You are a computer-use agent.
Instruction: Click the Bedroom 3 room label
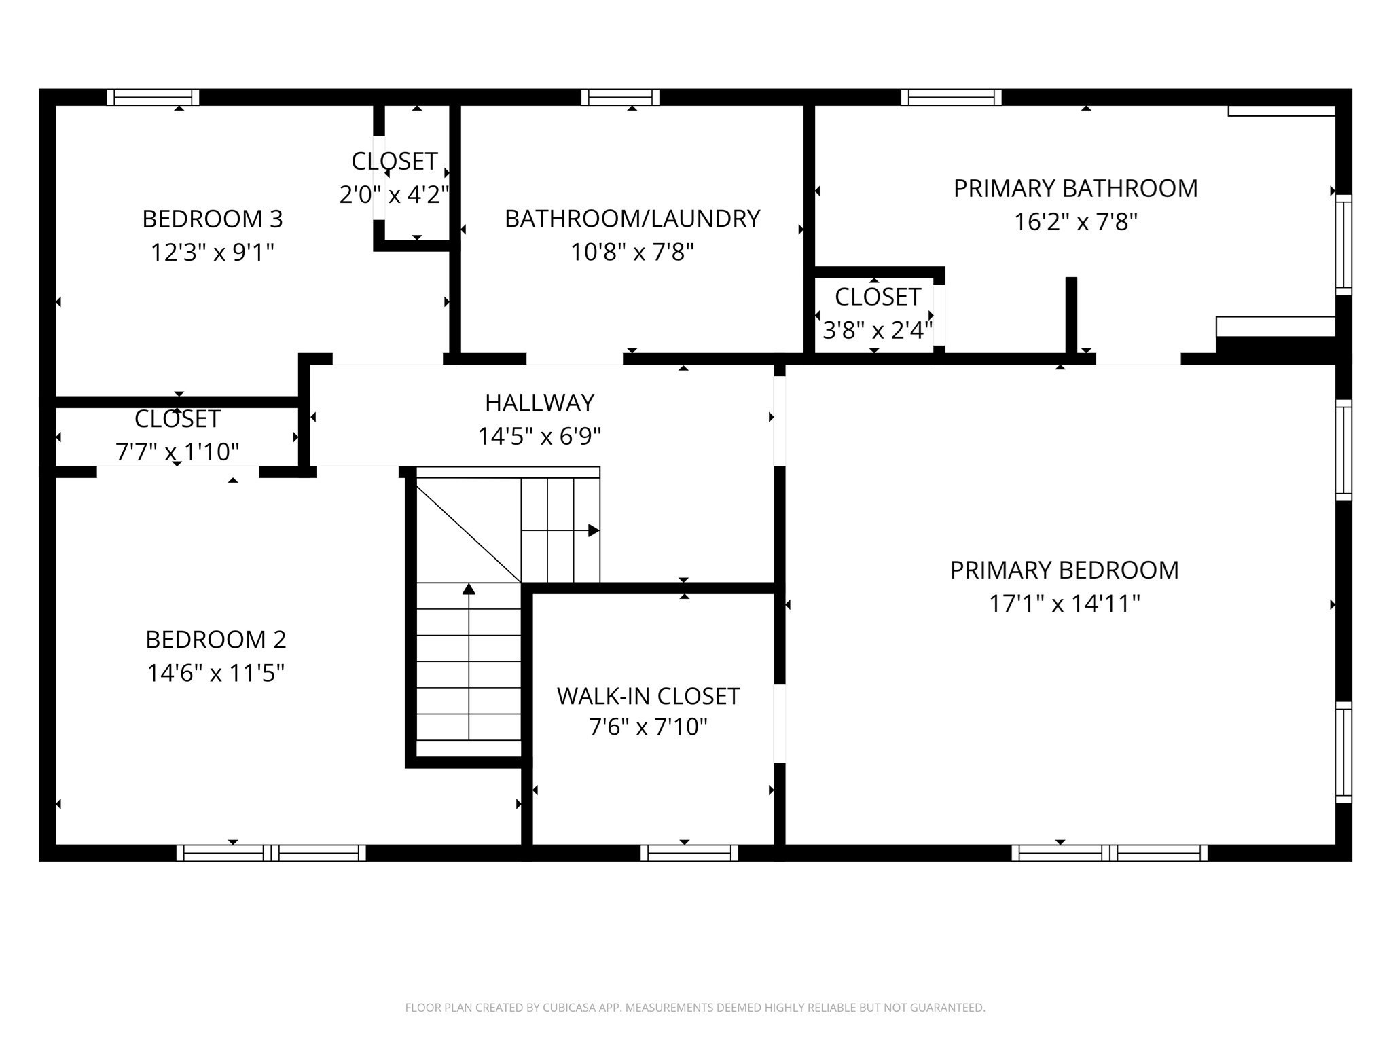(212, 219)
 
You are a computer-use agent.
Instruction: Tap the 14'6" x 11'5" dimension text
(215, 673)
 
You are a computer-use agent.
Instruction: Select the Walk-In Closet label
(648, 696)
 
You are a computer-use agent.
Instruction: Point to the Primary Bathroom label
(1075, 188)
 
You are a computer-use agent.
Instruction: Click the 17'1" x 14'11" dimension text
(1064, 603)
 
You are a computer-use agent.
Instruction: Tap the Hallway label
(539, 403)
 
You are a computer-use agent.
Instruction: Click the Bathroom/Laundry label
(632, 219)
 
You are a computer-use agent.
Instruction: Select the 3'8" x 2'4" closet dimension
(877, 331)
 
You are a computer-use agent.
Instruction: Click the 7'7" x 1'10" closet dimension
(177, 452)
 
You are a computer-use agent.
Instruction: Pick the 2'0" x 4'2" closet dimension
(394, 195)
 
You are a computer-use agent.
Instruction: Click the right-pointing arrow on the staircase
(593, 530)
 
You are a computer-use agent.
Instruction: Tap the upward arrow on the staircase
(469, 589)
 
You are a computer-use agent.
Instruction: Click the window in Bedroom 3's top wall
(153, 97)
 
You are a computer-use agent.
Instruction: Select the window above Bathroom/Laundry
(620, 97)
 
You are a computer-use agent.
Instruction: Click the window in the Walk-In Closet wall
(689, 853)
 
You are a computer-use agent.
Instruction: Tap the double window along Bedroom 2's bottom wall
(271, 853)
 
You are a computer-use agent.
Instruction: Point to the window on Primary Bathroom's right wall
(1343, 244)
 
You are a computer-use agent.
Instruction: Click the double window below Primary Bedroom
(1109, 853)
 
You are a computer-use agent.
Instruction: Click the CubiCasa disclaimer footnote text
(695, 1008)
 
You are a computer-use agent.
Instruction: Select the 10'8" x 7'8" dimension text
(632, 252)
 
